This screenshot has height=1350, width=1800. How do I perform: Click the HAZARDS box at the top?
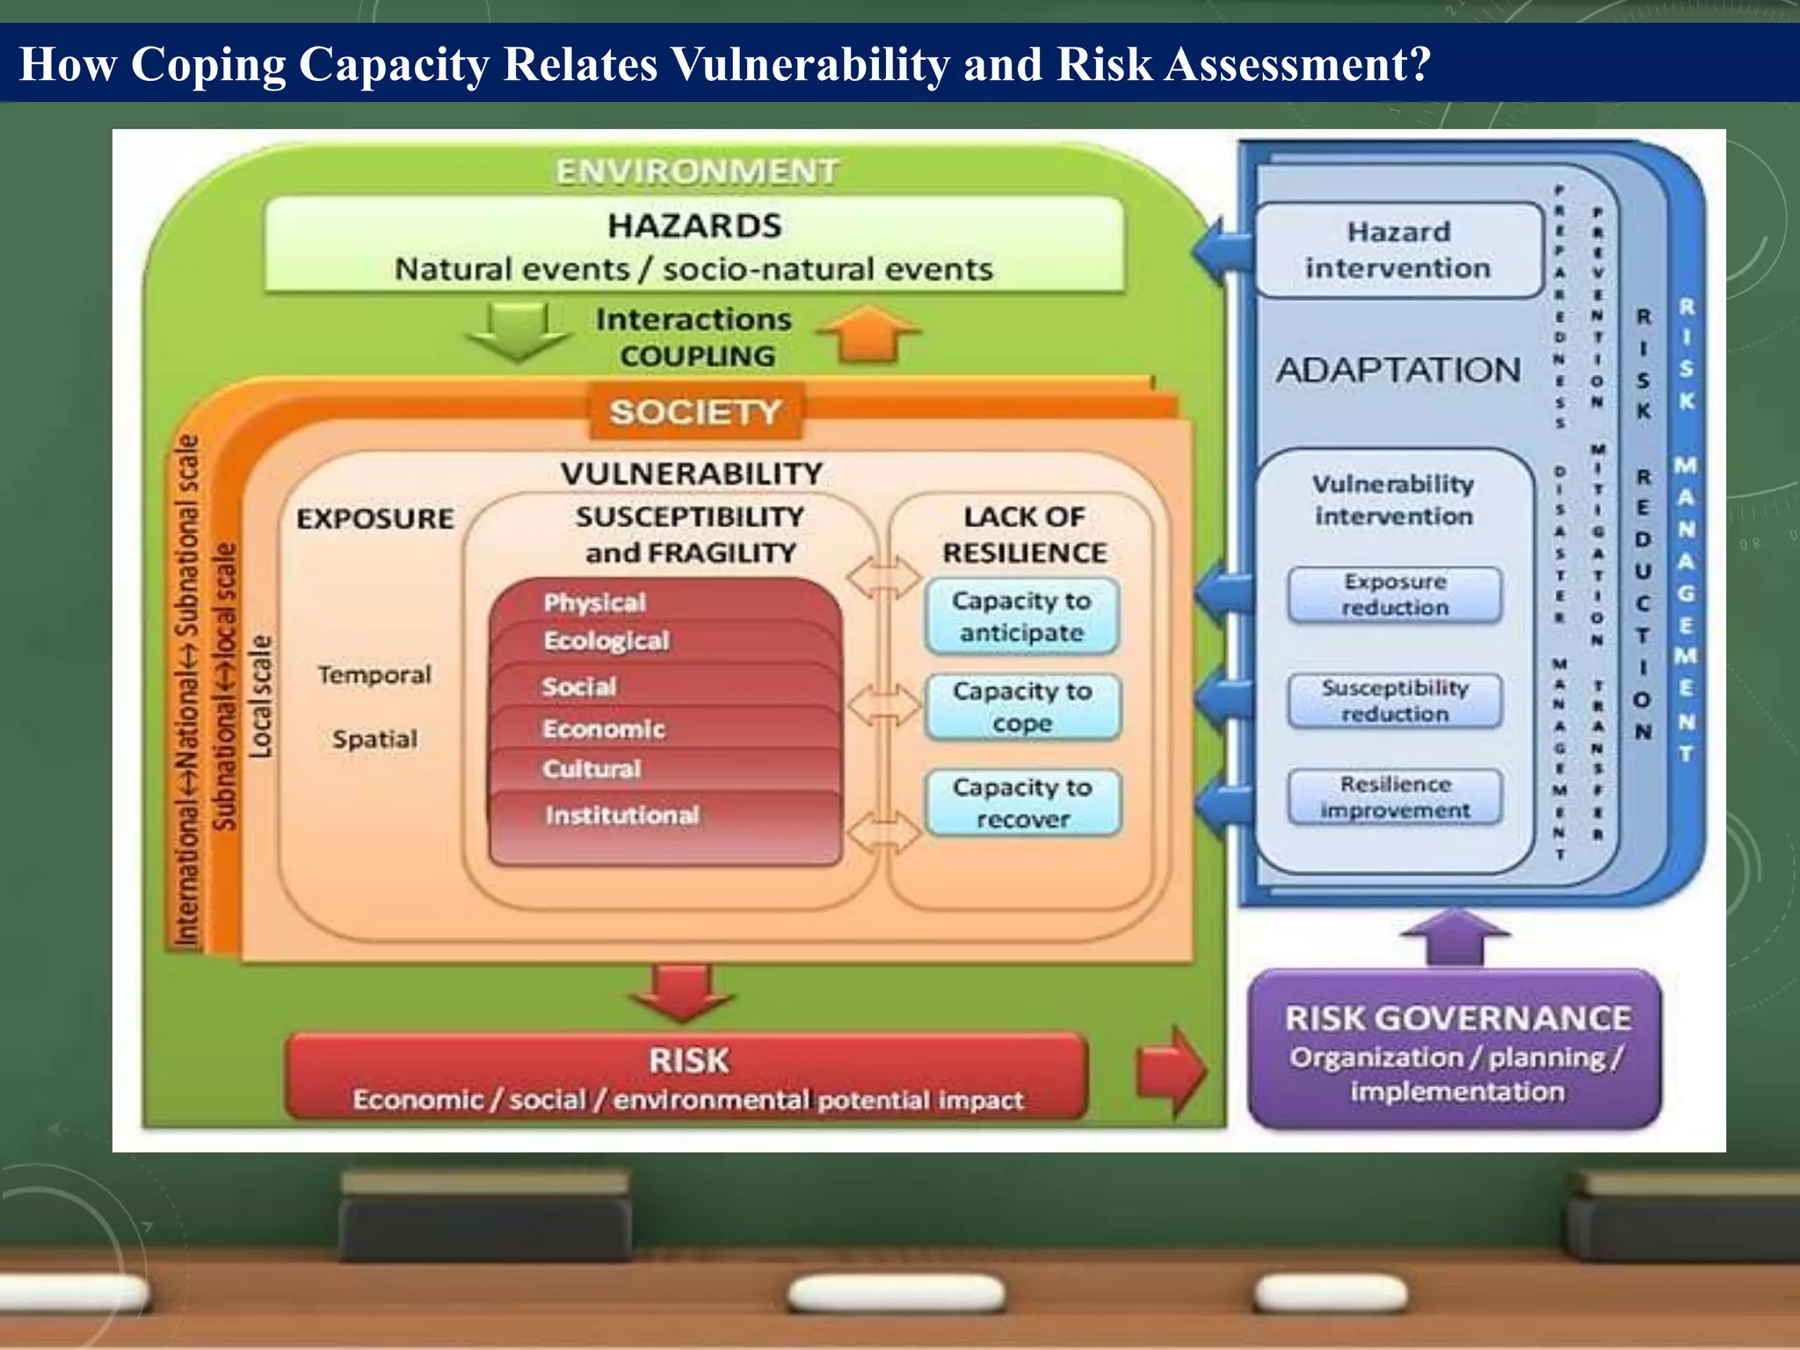click(694, 245)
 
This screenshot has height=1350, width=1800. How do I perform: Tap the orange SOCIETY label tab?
click(695, 411)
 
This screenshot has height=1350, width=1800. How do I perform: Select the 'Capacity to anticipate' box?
click(1021, 616)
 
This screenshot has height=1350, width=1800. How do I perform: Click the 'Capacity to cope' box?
click(1022, 707)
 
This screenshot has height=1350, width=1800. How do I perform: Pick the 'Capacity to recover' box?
click(1022, 802)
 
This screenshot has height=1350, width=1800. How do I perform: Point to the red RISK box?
click(687, 1078)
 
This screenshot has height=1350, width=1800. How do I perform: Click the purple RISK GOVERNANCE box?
click(1456, 1051)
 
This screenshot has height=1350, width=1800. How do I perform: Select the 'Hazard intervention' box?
click(1398, 250)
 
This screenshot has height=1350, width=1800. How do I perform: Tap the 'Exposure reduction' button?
click(1395, 595)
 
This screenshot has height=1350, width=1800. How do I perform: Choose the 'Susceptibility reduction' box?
click(1395, 700)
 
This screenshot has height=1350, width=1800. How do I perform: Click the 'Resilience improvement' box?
click(1395, 797)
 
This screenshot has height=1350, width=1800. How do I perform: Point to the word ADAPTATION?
click(1398, 370)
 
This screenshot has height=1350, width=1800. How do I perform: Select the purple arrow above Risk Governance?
click(1455, 937)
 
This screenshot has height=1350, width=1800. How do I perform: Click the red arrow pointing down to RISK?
click(682, 991)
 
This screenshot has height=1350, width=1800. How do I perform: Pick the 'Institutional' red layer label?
click(621, 816)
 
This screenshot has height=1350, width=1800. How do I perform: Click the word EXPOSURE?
click(375, 519)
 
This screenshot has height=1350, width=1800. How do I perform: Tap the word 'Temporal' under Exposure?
click(374, 675)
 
